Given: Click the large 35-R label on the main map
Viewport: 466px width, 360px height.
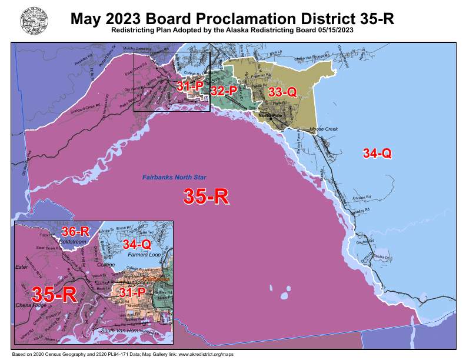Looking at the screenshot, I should pos(206,196).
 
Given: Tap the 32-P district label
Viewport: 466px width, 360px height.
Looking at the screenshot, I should pos(224,91).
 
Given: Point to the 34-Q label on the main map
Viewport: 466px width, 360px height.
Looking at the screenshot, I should pos(377,154).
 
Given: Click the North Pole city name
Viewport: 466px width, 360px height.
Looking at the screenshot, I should pos(271,116).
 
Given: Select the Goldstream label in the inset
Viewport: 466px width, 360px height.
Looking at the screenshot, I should pos(74,241).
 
